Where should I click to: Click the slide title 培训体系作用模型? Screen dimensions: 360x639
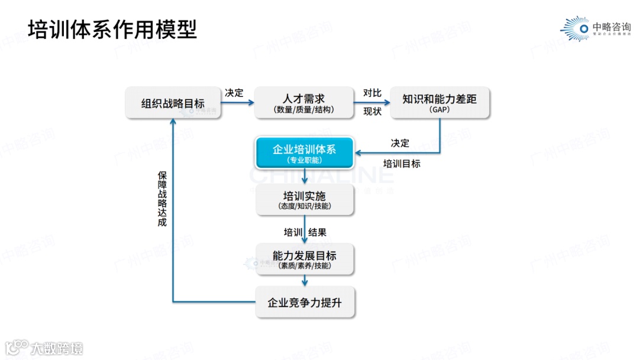(x=112, y=29)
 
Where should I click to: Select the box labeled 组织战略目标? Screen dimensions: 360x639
(x=173, y=104)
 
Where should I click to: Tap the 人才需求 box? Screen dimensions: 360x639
(x=304, y=102)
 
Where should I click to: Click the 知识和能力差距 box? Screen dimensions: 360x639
(x=440, y=103)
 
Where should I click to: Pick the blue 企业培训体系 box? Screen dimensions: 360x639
(x=304, y=153)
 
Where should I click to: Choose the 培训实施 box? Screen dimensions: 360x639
(x=304, y=200)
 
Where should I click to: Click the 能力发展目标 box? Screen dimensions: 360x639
(x=304, y=259)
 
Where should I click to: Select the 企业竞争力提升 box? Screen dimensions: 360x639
(x=304, y=303)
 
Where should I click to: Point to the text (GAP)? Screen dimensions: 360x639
(x=440, y=111)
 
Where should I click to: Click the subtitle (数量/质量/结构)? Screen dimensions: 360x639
(x=304, y=110)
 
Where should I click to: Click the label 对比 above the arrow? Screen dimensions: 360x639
(x=372, y=93)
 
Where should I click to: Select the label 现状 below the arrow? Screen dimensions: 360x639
(x=372, y=111)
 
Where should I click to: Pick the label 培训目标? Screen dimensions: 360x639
(x=402, y=163)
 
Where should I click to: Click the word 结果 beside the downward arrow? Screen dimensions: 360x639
(x=318, y=232)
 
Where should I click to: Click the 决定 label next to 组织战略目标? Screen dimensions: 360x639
(x=234, y=93)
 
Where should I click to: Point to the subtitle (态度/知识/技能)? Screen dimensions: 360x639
(x=304, y=206)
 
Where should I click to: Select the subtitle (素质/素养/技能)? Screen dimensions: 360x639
(x=304, y=266)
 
